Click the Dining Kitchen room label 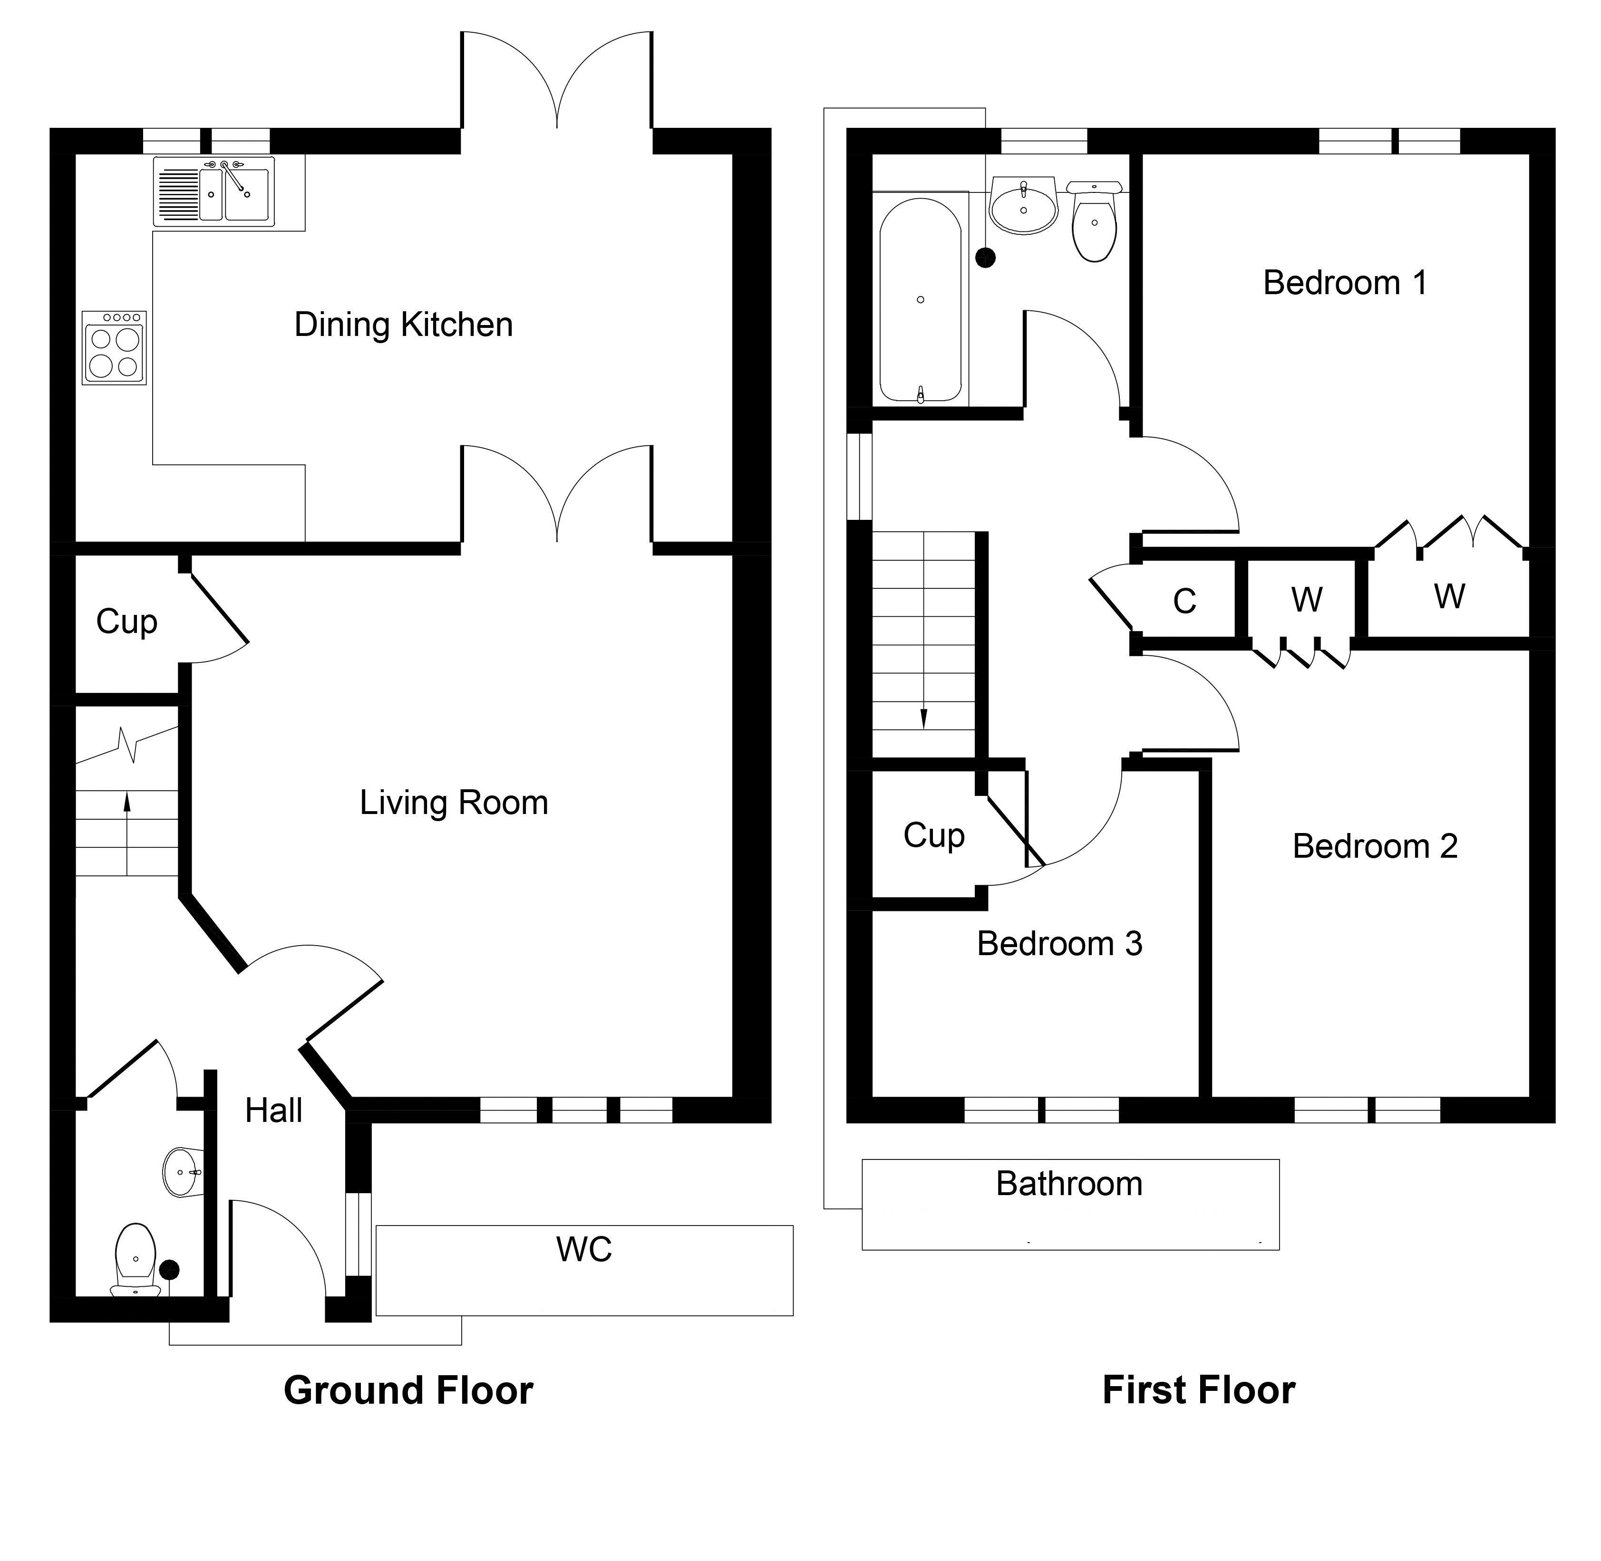(x=404, y=325)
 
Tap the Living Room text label (x=454, y=803)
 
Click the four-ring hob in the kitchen (x=114, y=348)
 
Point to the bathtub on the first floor (x=920, y=300)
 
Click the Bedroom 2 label (x=1375, y=846)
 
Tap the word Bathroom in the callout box (x=1069, y=1184)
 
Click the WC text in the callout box (x=584, y=1249)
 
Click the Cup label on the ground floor (x=126, y=622)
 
